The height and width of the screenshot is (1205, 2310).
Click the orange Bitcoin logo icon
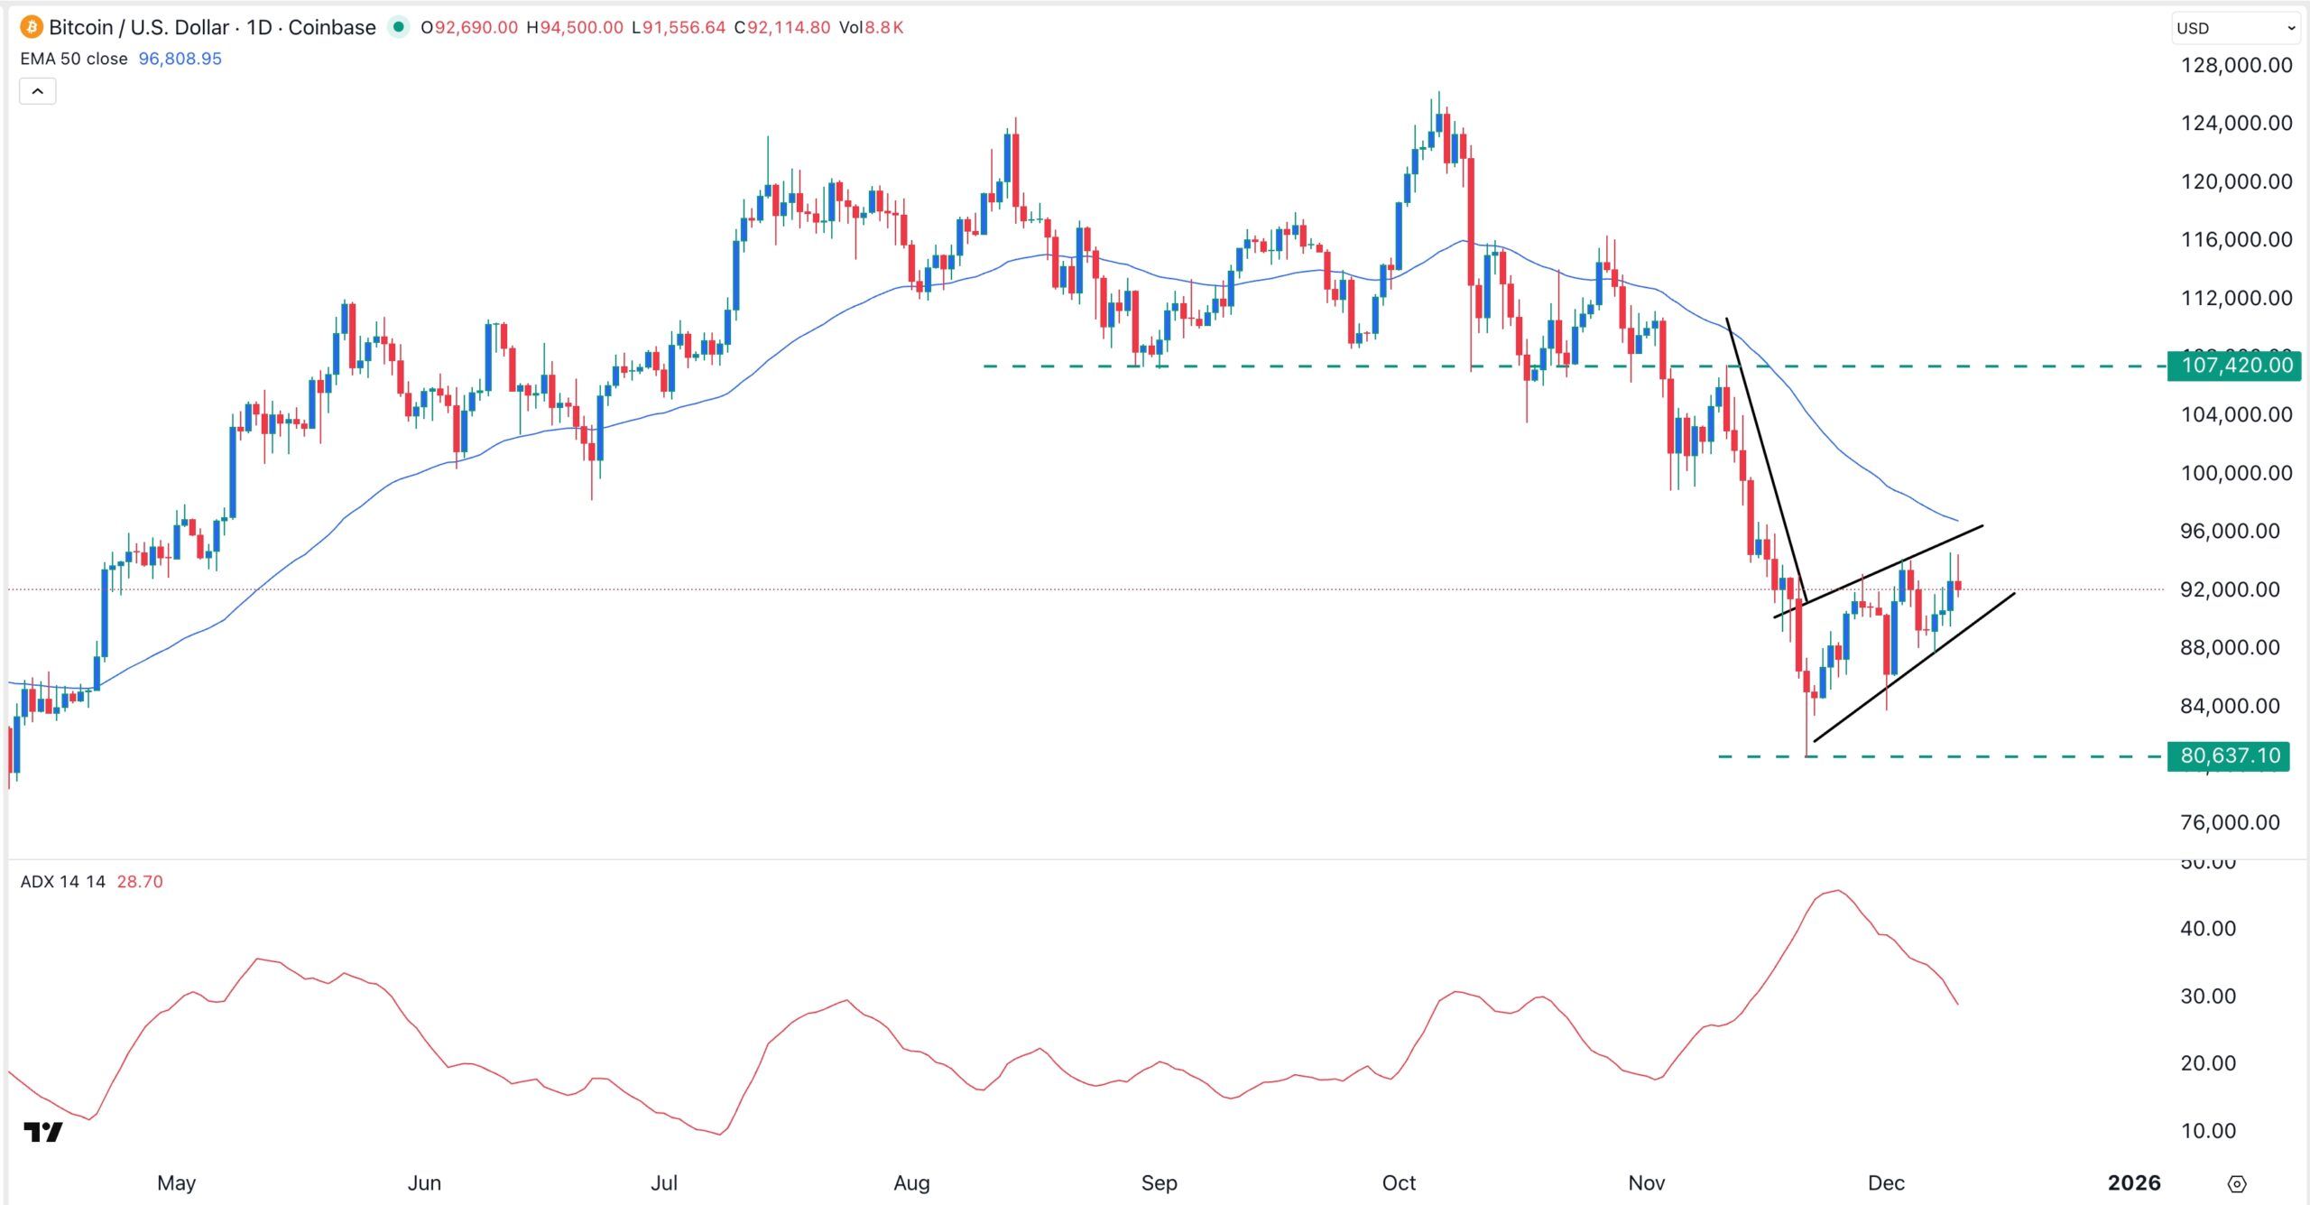pyautogui.click(x=31, y=27)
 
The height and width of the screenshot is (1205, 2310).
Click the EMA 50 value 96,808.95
pyautogui.click(x=180, y=59)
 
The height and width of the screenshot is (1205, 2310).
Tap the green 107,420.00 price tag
pyautogui.click(x=2234, y=366)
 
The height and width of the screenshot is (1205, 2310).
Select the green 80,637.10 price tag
pyautogui.click(x=2229, y=755)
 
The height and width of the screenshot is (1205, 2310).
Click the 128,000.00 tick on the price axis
pyautogui.click(x=2236, y=65)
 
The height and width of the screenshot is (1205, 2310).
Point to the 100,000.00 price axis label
pyautogui.click(x=2236, y=473)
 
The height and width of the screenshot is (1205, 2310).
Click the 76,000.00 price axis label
pyautogui.click(x=2229, y=822)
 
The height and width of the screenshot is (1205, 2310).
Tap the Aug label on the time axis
pyautogui.click(x=911, y=1182)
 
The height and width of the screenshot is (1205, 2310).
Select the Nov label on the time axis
pyautogui.click(x=1646, y=1182)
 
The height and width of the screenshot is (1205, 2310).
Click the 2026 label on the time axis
pyautogui.click(x=2133, y=1182)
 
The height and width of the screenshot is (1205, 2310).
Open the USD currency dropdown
pyautogui.click(x=2234, y=28)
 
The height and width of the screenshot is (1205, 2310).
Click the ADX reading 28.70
pyautogui.click(x=140, y=882)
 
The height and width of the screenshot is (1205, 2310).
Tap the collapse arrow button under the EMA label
pyautogui.click(x=38, y=91)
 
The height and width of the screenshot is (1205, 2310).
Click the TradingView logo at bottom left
pyautogui.click(x=42, y=1132)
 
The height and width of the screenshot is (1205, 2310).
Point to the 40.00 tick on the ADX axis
pyautogui.click(x=2207, y=928)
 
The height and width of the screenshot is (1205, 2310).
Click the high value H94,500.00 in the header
pyautogui.click(x=575, y=28)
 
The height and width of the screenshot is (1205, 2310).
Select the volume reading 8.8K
pyautogui.click(x=884, y=28)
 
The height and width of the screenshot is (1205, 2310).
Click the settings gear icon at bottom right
pyautogui.click(x=2236, y=1183)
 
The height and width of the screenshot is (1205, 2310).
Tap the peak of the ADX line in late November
pyautogui.click(x=1838, y=891)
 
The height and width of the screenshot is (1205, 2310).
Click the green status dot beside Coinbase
pyautogui.click(x=398, y=27)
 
